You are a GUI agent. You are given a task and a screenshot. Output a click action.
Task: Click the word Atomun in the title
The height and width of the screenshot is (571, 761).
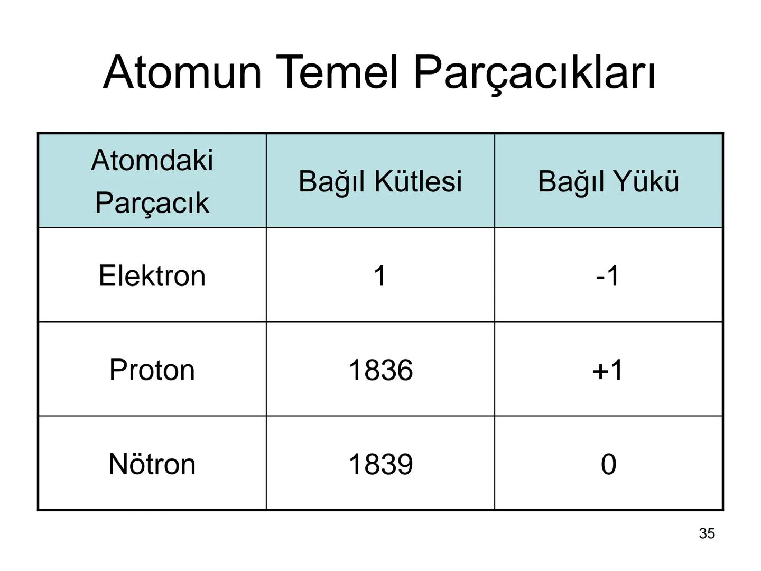[x=182, y=72]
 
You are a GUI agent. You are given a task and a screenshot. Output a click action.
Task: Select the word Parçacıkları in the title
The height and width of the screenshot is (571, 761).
[x=534, y=73]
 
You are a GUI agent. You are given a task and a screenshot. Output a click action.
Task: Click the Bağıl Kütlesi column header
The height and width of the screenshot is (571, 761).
[x=380, y=181]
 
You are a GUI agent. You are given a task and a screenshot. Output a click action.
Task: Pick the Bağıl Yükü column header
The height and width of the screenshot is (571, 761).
[x=608, y=181]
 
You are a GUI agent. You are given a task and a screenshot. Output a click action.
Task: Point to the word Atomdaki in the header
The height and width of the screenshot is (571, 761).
[x=152, y=160]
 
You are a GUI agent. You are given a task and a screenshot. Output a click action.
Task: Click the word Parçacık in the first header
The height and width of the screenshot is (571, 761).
[x=152, y=203]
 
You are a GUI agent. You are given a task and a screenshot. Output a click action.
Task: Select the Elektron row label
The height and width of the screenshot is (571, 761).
[x=152, y=275]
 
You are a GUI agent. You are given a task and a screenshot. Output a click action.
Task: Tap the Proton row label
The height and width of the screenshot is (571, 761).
[x=152, y=370]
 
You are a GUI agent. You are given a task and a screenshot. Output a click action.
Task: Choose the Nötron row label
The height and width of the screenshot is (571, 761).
[x=152, y=464]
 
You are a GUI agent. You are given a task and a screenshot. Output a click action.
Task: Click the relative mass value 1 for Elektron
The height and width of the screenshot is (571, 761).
[x=380, y=275]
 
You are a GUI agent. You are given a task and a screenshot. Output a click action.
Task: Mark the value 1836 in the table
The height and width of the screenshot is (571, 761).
[x=380, y=370]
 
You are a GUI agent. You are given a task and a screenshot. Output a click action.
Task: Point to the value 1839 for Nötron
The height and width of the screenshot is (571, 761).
[x=380, y=464]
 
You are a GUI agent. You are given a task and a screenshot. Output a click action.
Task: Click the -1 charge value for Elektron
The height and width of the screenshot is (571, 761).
[x=608, y=275]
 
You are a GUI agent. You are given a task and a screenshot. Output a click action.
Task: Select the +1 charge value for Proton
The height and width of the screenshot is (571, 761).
[x=608, y=370]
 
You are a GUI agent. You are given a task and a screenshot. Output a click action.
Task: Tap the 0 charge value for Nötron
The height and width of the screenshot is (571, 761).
[x=608, y=464]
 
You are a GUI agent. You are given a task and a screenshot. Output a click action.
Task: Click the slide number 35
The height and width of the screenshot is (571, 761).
[x=707, y=533]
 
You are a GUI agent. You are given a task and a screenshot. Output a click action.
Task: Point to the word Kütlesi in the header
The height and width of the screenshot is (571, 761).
[x=418, y=181]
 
